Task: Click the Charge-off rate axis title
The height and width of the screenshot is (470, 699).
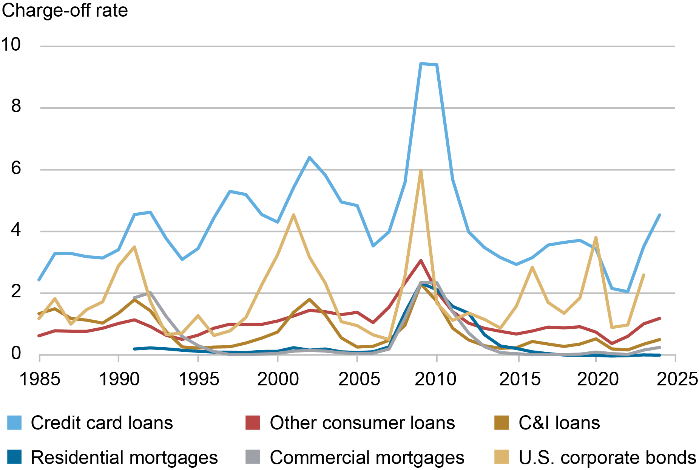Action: click(65, 11)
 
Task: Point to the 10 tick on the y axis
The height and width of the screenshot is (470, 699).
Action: click(11, 45)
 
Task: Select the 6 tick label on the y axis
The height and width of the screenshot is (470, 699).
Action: click(16, 168)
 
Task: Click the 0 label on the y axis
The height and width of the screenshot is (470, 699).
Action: click(16, 353)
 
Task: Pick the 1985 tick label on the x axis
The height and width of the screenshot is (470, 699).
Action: click(40, 379)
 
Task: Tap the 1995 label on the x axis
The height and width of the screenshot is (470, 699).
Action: click(198, 379)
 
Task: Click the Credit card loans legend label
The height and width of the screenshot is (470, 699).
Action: click(102, 423)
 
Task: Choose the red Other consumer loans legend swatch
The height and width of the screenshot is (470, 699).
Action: click(253, 423)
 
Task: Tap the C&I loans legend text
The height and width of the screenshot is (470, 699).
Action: click(559, 423)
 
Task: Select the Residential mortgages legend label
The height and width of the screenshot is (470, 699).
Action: click(124, 458)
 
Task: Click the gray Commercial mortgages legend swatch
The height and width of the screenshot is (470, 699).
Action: click(253, 457)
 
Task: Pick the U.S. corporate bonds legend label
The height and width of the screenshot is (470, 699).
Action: click(607, 458)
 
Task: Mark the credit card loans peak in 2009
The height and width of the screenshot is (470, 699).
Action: click(421, 64)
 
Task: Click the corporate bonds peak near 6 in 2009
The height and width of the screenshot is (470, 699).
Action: click(421, 171)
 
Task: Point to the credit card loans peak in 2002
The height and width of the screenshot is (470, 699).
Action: click(309, 157)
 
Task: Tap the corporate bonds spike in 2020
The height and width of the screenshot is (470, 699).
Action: click(596, 238)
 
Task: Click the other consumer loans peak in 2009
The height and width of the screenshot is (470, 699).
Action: click(421, 261)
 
